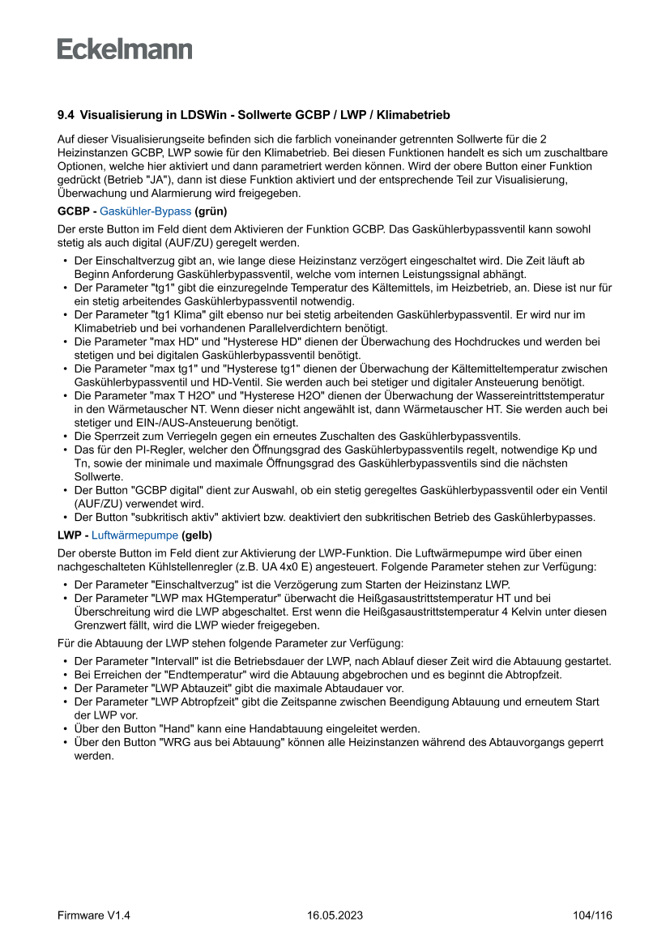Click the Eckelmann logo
coord(125,49)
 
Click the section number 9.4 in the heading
coord(66,116)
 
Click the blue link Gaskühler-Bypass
coord(146,211)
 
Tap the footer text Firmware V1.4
coord(94,915)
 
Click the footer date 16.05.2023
coord(335,915)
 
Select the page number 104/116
coord(592,915)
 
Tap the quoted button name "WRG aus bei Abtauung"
coord(219,742)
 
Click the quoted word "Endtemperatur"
coord(203,674)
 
